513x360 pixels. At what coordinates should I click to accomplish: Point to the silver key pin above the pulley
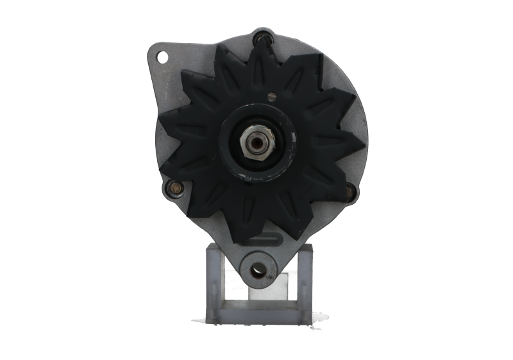click(x=272, y=96)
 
